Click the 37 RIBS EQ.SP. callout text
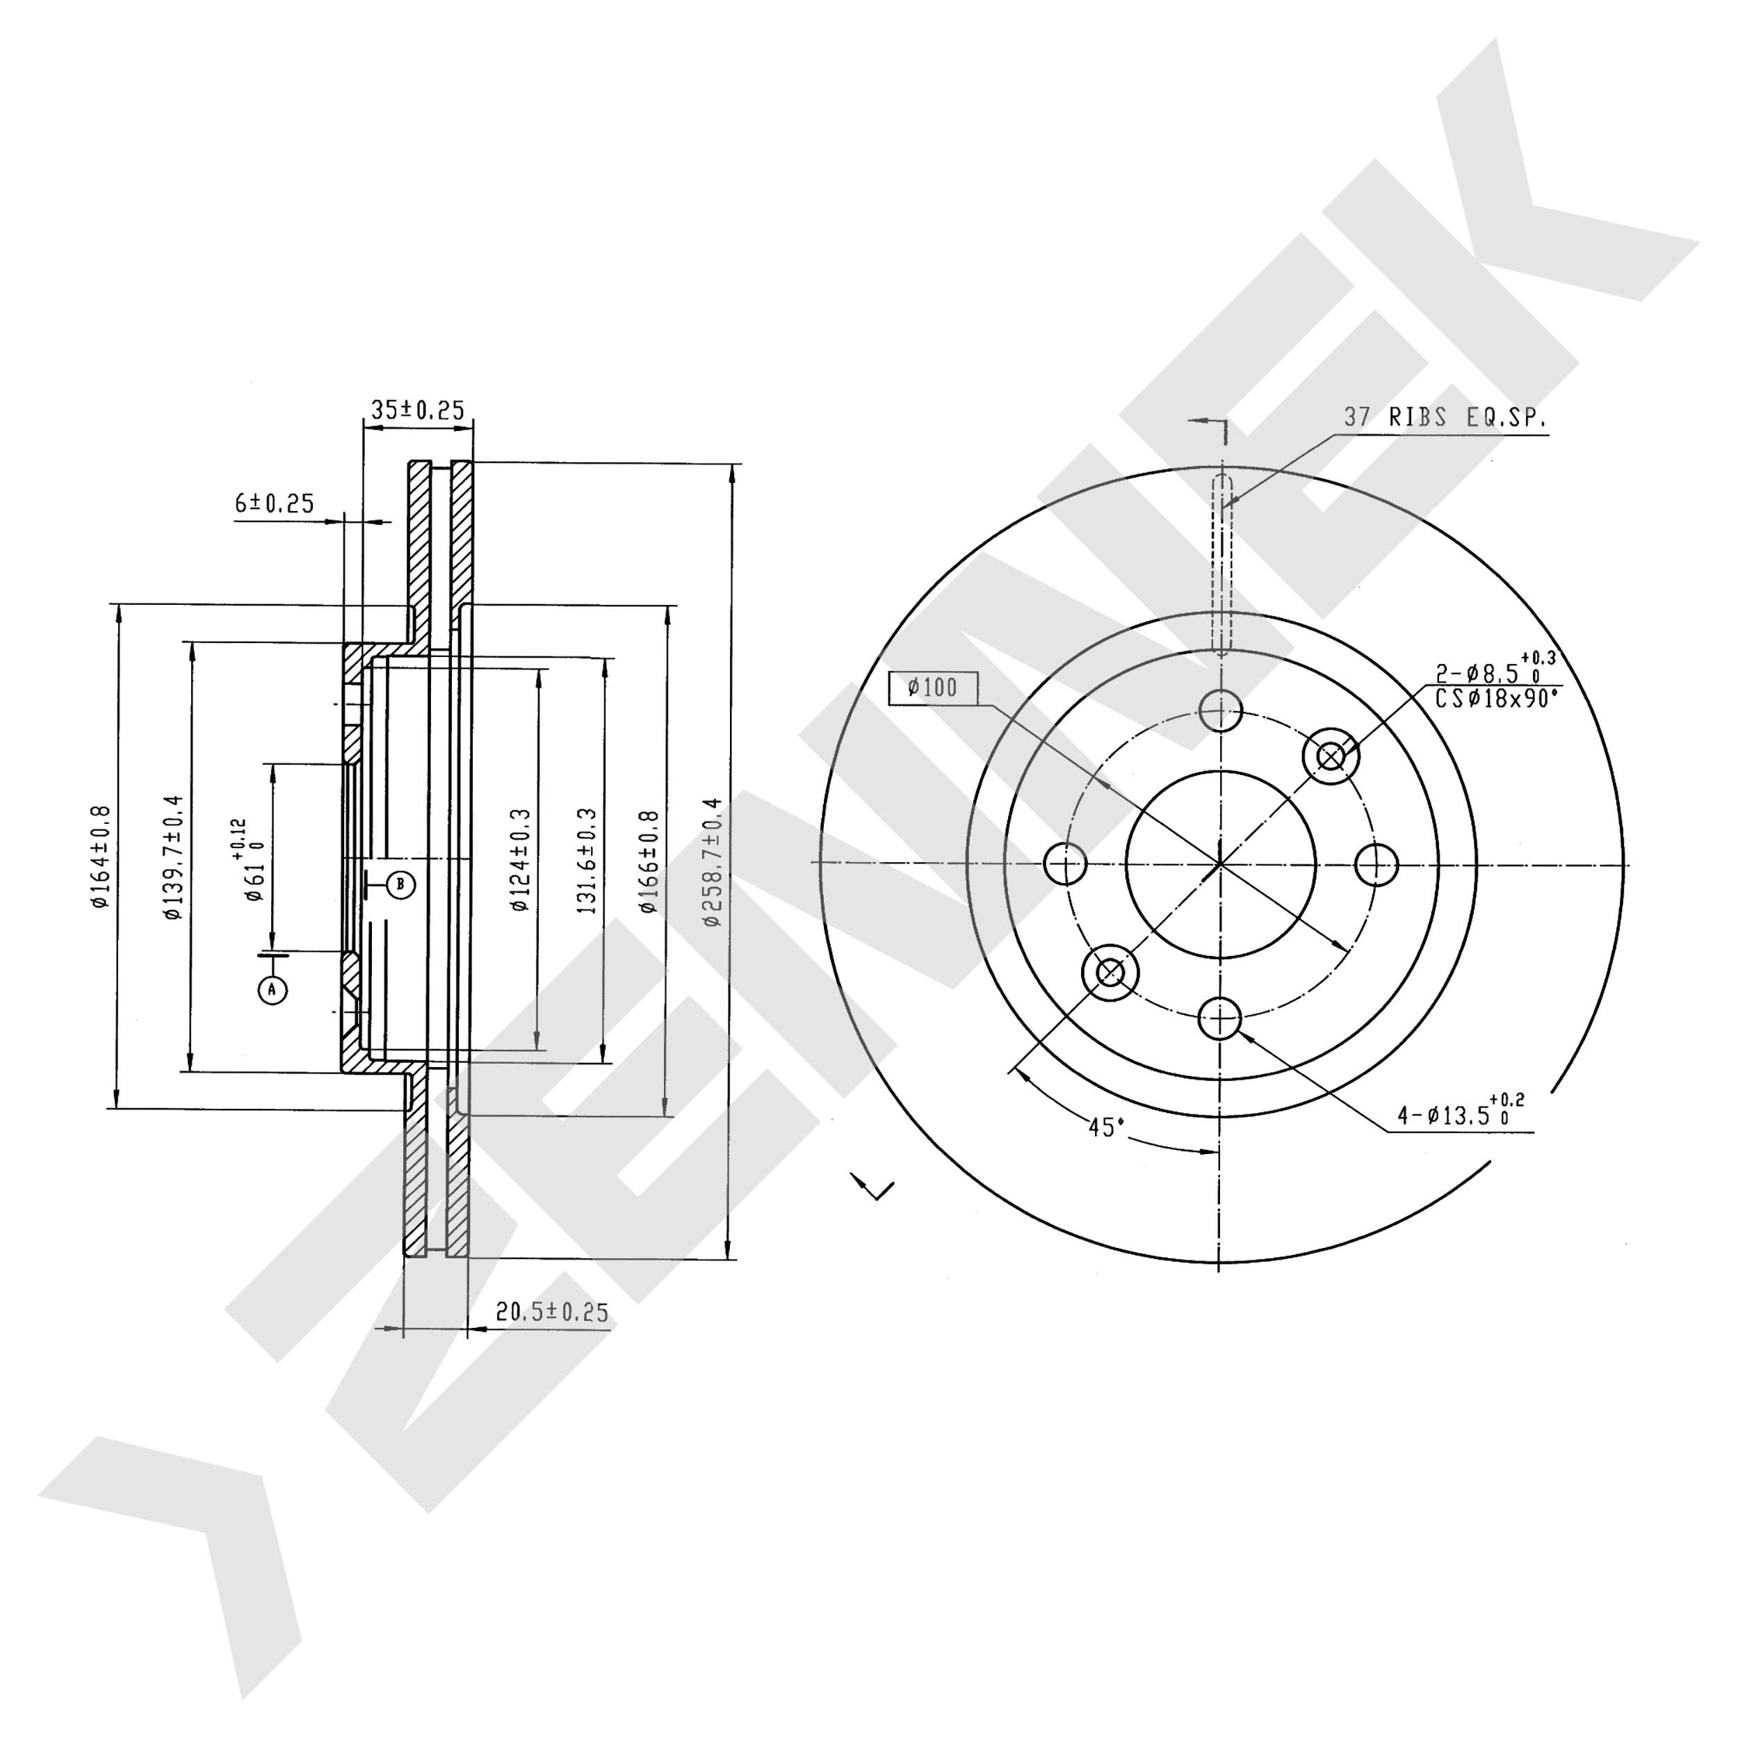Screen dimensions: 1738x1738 1445,417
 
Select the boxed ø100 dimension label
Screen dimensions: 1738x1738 933,688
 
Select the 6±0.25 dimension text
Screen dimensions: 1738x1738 275,504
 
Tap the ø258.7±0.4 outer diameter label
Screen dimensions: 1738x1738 713,862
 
